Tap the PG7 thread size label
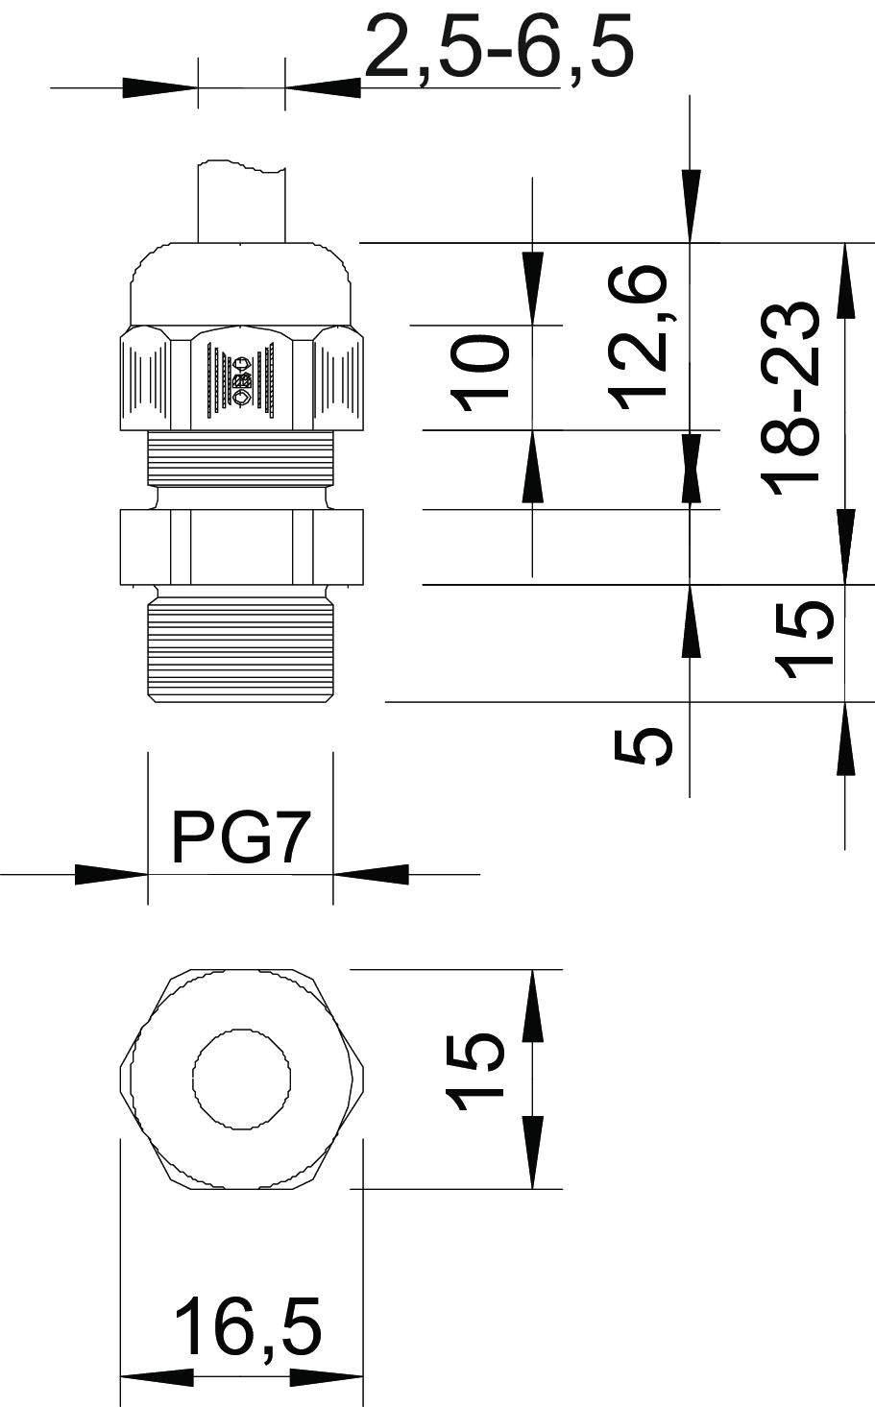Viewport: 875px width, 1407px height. point(242,837)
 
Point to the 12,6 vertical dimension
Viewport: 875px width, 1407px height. point(636,337)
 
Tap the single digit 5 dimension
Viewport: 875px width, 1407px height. point(643,746)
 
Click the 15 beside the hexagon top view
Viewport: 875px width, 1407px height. point(474,1072)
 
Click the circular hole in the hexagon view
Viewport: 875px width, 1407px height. point(242,1079)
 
